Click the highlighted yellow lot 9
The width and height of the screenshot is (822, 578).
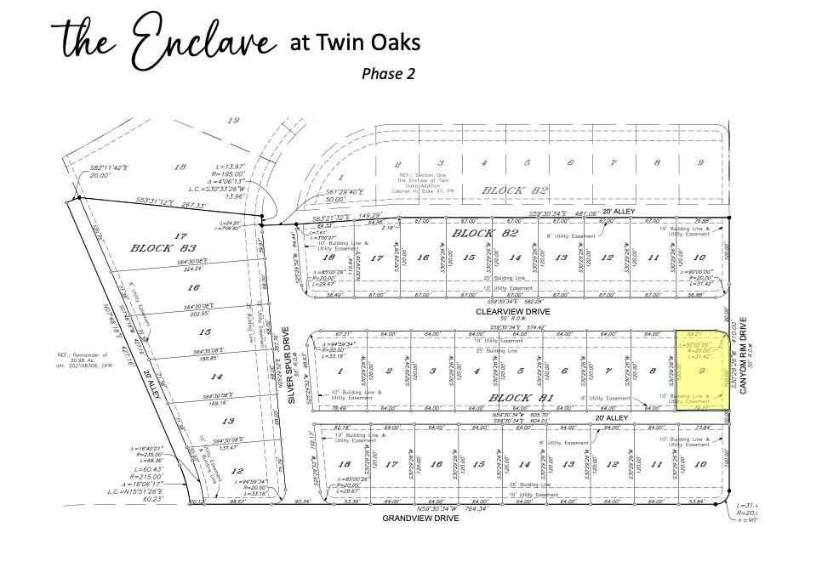[704, 371]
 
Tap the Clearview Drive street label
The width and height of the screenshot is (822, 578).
[514, 312]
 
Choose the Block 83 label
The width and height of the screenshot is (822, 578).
[151, 249]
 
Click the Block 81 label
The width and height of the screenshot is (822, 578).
[519, 398]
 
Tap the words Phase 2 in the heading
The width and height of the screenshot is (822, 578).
[388, 73]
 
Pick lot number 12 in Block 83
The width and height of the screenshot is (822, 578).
[237, 471]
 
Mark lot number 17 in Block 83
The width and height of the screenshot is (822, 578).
[180, 235]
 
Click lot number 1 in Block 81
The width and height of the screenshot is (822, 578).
[340, 371]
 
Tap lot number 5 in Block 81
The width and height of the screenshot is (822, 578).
[520, 371]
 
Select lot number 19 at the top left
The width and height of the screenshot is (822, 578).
[232, 121]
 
